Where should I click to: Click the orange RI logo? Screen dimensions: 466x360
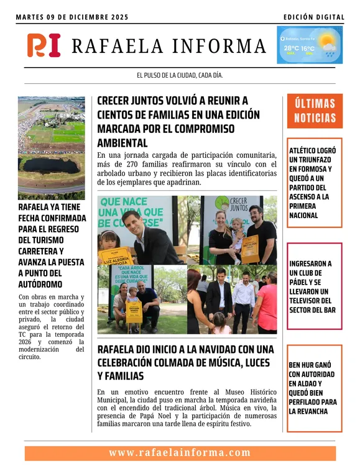coord(44,45)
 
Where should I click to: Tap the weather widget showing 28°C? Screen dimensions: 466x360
coord(309,45)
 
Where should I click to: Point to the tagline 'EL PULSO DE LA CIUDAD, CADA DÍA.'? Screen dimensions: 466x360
coord(180,76)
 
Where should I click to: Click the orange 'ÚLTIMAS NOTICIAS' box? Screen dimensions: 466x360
coord(315,111)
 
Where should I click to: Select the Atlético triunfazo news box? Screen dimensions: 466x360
coord(314,183)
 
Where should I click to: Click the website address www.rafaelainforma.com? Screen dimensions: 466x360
coord(180,453)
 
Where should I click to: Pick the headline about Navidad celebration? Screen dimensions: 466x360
coord(185,362)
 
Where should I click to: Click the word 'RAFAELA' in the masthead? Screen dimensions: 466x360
coord(118,46)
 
